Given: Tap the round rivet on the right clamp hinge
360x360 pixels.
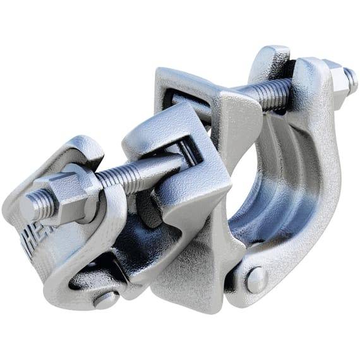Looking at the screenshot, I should (256, 280).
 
